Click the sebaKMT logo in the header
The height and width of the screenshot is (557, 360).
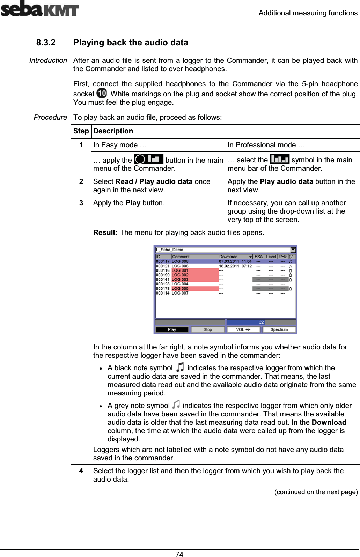[39, 8]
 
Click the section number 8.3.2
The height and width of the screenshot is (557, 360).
[46, 43]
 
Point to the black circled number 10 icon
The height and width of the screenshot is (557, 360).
[102, 93]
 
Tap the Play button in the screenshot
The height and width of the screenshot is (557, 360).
[172, 329]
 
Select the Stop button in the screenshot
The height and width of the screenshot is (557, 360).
[208, 329]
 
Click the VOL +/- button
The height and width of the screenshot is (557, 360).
[243, 329]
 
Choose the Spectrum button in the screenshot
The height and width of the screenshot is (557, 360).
[279, 329]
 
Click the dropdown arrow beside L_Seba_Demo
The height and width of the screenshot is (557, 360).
[293, 250]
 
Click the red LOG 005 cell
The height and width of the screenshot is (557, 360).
[194, 289]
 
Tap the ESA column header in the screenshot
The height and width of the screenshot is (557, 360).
[259, 257]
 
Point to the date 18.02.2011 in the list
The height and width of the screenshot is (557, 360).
[229, 266]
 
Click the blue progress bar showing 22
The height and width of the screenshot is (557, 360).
[261, 322]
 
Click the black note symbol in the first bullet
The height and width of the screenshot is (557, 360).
[180, 367]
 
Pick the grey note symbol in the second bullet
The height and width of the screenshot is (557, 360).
[176, 404]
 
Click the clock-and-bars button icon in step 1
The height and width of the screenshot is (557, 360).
[148, 159]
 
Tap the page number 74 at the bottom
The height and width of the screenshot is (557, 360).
[179, 554]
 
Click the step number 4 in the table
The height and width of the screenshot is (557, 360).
[81, 471]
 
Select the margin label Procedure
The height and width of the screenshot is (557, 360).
[50, 117]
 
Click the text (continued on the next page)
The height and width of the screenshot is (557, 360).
[316, 492]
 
